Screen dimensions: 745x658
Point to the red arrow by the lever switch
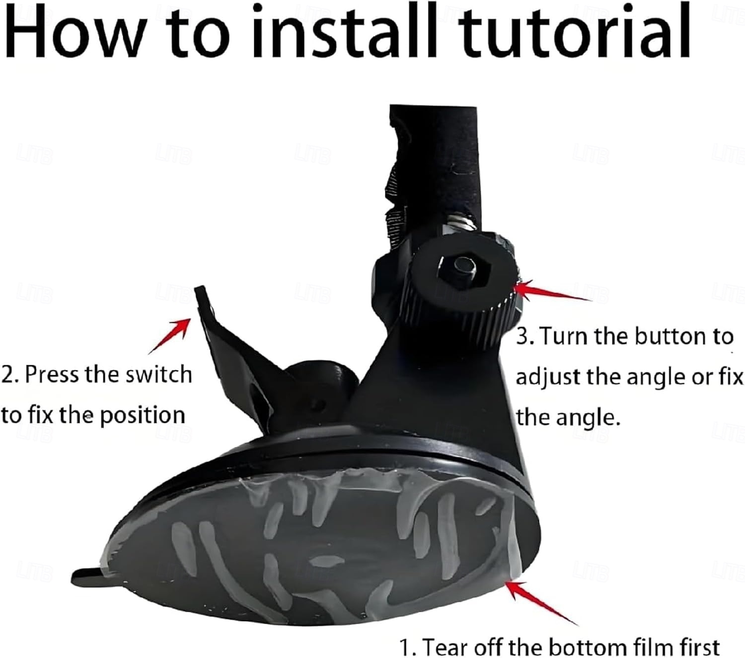coord(170,335)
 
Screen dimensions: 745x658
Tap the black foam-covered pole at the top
coord(435,162)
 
